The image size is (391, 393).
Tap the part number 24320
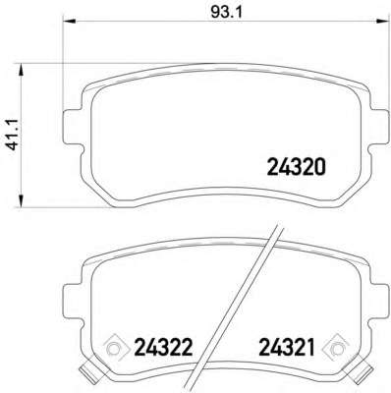click(295, 166)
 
